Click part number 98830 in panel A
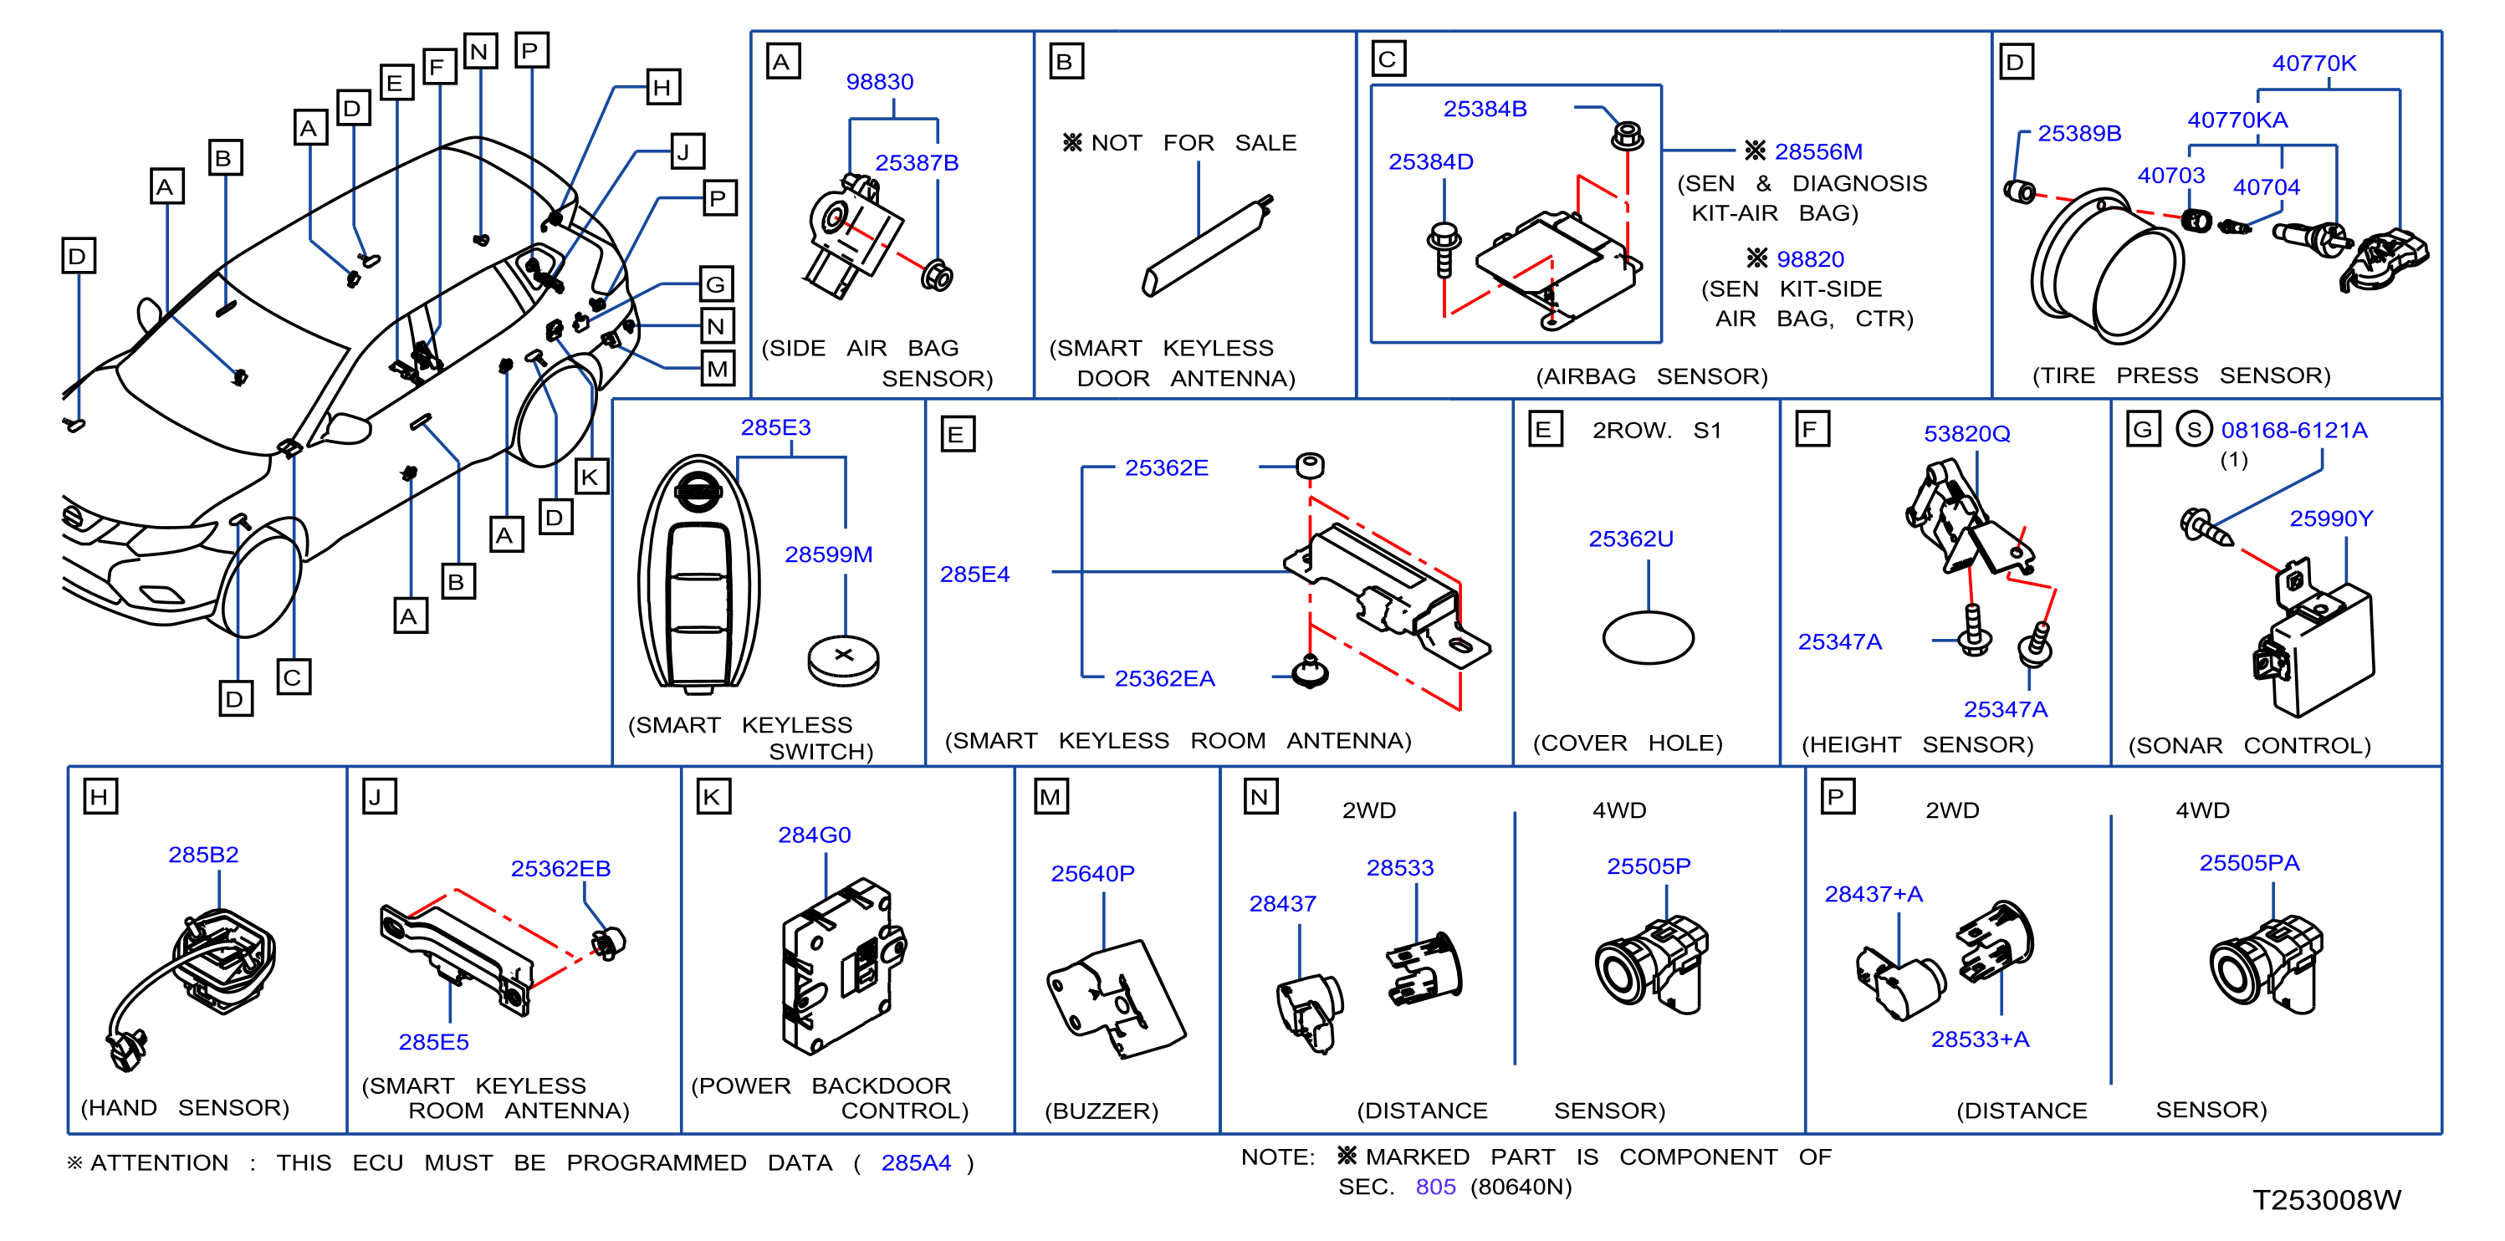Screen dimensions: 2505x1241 [x=879, y=82]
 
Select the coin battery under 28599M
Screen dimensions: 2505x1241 [x=843, y=661]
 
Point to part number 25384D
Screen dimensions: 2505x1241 [x=1429, y=161]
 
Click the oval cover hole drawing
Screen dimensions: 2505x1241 [x=1648, y=638]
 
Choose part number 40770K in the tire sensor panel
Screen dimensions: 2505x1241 [x=2313, y=64]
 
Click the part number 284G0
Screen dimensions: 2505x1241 [x=814, y=835]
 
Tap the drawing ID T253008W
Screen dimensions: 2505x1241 [x=2326, y=1199]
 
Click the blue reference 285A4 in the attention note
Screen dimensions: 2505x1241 [x=915, y=1162]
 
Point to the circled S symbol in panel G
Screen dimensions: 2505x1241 [x=2193, y=429]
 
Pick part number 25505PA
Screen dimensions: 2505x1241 [x=2248, y=863]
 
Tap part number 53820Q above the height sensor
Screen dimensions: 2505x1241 [x=1966, y=434]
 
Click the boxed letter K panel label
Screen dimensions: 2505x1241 [x=713, y=798]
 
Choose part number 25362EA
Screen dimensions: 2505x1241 [x=1164, y=679]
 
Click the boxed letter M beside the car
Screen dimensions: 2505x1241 [x=718, y=370]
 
